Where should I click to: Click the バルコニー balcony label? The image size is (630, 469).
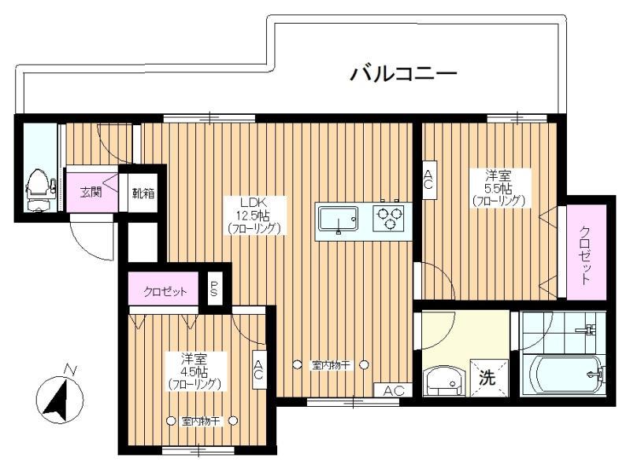(x=403, y=74)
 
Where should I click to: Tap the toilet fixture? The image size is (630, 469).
(x=39, y=190)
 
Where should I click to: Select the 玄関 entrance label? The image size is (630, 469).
(x=91, y=192)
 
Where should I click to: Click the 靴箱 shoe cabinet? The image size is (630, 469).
(x=143, y=193)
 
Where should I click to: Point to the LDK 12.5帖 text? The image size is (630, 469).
(x=253, y=209)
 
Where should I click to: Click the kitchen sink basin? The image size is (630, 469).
(x=339, y=220)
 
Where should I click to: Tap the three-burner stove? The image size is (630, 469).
(x=388, y=218)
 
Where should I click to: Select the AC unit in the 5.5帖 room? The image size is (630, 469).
(x=429, y=179)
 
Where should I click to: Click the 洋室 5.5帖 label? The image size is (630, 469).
(x=498, y=182)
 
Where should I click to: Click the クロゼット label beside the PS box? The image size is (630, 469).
(x=165, y=291)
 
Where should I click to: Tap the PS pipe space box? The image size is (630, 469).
(x=214, y=288)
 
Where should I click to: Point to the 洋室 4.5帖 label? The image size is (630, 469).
(x=194, y=364)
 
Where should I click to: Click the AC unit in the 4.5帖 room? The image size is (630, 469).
(x=259, y=370)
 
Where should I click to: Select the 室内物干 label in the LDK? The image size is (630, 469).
(x=331, y=365)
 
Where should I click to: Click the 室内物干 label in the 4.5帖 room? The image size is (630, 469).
(x=202, y=421)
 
